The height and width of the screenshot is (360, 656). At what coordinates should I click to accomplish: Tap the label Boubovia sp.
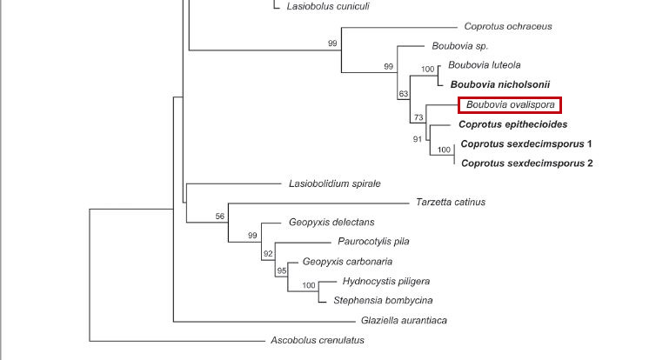coord(459,45)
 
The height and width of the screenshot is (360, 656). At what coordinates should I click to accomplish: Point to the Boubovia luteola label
coord(485,64)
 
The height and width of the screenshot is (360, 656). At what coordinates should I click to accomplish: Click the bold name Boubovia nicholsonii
coord(500,84)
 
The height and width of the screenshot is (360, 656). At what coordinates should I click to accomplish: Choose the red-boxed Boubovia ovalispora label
coord(510,105)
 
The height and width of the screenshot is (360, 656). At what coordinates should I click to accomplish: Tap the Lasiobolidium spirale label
coord(334,183)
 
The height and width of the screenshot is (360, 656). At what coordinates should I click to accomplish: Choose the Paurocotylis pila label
coord(373,242)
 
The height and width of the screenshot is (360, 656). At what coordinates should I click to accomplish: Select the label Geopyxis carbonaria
coord(347,261)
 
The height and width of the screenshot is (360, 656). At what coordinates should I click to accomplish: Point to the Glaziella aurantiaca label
coord(404,320)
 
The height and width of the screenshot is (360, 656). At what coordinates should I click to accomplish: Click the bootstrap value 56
coord(220,217)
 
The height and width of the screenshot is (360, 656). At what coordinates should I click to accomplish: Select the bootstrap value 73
coord(418,117)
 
